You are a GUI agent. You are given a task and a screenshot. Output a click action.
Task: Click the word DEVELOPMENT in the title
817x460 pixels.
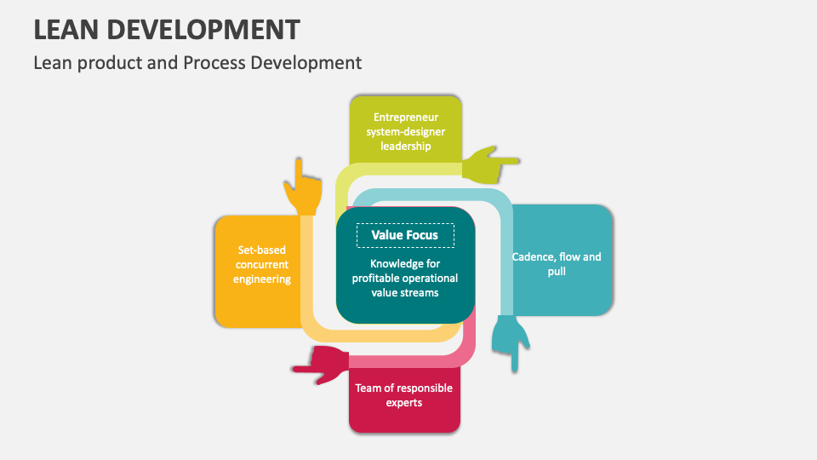tap(205, 30)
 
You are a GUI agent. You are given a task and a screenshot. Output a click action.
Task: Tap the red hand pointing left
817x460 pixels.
tap(321, 364)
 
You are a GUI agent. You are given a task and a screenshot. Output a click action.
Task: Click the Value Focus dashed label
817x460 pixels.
tap(405, 235)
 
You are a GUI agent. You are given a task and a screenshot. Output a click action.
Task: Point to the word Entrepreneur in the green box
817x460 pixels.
tap(405, 117)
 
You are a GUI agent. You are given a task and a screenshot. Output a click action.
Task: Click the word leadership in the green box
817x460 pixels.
tap(405, 146)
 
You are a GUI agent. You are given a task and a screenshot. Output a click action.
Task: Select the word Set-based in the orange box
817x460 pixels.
tap(262, 250)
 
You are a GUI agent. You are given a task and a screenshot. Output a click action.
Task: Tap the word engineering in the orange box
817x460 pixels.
tap(262, 279)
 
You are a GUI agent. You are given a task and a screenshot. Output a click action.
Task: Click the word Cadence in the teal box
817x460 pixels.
tap(531, 256)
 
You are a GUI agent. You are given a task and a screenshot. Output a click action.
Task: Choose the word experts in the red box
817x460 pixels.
tap(404, 402)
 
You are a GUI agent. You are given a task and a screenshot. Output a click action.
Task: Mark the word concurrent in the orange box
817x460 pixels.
tap(262, 265)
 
